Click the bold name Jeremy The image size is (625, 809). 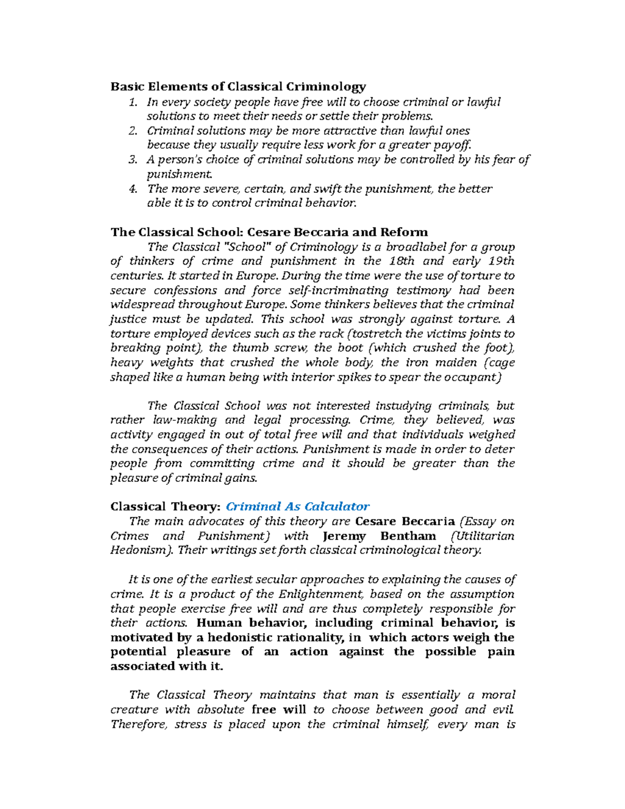[344, 536]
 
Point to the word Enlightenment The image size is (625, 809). [321, 594]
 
